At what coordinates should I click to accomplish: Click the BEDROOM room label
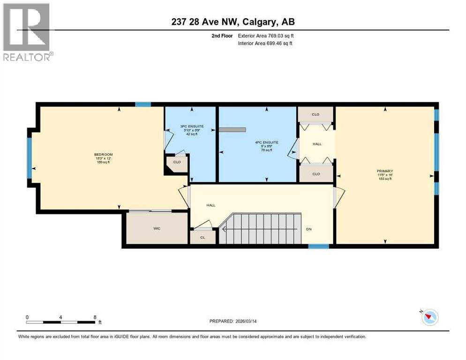pos(103,155)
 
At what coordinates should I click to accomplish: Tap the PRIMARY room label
pos(384,171)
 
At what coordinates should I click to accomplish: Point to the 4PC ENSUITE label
pos(267,142)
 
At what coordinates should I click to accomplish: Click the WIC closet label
pos(157,228)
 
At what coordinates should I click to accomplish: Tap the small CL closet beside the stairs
pos(203,238)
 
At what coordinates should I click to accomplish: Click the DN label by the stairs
pos(308,229)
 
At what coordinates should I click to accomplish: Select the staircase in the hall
pos(260,229)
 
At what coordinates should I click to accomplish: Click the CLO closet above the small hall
pos(316,114)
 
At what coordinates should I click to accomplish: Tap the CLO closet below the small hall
pos(316,174)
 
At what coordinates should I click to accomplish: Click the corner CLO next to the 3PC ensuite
pos(177,163)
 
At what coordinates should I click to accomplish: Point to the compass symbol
pos(429,317)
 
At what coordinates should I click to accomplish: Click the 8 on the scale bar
pos(95,317)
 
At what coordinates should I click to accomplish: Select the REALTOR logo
pos(27,32)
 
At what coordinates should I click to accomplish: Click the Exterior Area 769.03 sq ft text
pos(266,36)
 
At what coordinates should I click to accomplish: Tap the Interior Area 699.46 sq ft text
pos(266,44)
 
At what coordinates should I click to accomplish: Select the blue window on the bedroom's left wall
pos(29,157)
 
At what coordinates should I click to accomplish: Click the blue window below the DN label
pos(318,246)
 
